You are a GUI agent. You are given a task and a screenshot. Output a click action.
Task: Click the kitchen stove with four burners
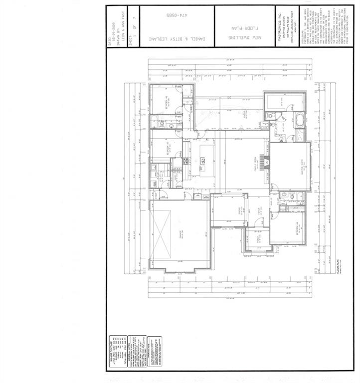click(x=185, y=161)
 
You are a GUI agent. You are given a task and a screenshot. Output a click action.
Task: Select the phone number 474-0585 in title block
click(x=178, y=15)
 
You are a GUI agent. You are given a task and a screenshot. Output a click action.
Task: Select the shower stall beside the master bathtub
click(x=300, y=135)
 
